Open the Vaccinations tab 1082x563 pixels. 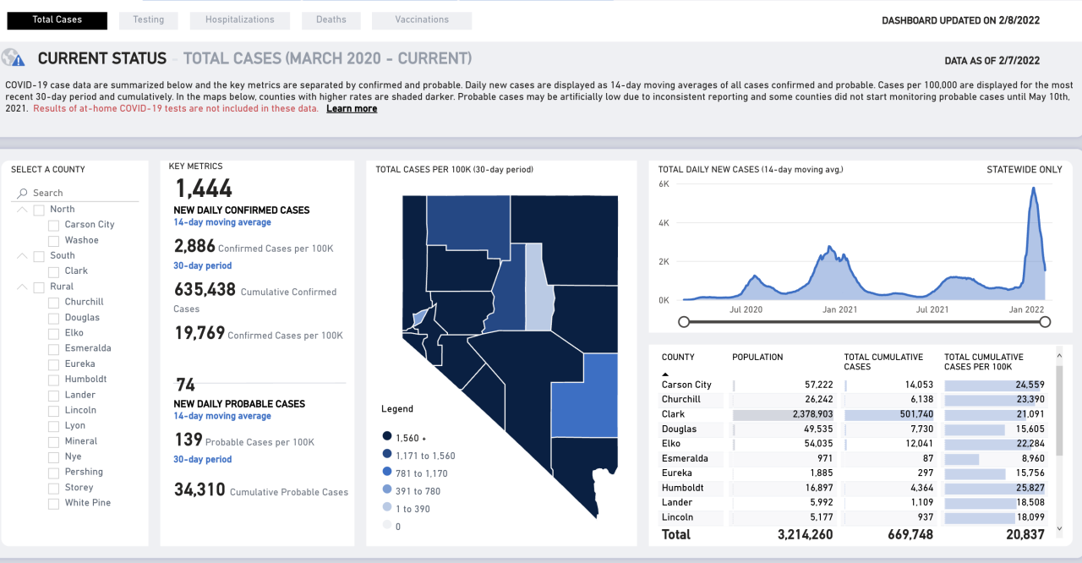point(422,19)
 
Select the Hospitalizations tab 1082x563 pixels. point(240,19)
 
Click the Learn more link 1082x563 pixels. point(352,108)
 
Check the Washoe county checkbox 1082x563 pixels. point(54,241)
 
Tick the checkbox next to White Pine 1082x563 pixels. point(54,503)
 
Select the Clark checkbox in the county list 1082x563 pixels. point(54,271)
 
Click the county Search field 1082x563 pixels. point(80,193)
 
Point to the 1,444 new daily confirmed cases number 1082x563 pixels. point(203,189)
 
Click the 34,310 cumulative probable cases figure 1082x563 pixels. point(199,489)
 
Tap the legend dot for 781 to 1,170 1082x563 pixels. point(387,473)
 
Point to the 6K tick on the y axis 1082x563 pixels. point(664,183)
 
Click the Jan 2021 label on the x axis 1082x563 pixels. point(839,309)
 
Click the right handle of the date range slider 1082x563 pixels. point(1045,321)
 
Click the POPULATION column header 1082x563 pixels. point(757,358)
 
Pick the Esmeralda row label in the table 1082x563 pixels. point(685,458)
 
